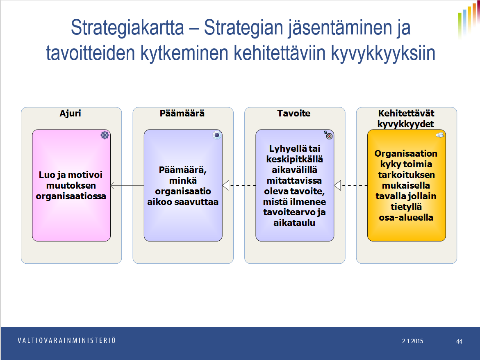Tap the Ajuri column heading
pyautogui.click(x=71, y=114)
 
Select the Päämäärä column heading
pyautogui.click(x=182, y=114)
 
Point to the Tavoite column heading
pyautogui.click(x=294, y=114)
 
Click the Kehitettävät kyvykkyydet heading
pyautogui.click(x=406, y=118)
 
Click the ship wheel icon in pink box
pyautogui.click(x=105, y=135)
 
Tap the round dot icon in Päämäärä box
pyautogui.click(x=217, y=135)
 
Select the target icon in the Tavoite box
pyautogui.click(x=328, y=135)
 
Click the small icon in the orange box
pyautogui.click(x=440, y=135)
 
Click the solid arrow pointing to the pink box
pyautogui.click(x=127, y=185)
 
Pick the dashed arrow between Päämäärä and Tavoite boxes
pyautogui.click(x=239, y=185)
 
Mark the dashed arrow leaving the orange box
pyautogui.click(x=351, y=185)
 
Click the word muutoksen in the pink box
pyautogui.click(x=71, y=185)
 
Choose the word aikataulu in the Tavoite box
pyautogui.click(x=294, y=223)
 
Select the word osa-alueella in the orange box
pyautogui.click(x=406, y=218)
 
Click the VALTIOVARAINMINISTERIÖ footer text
pyautogui.click(x=67, y=340)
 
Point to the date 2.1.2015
pyautogui.click(x=413, y=341)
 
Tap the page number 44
pyautogui.click(x=459, y=341)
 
